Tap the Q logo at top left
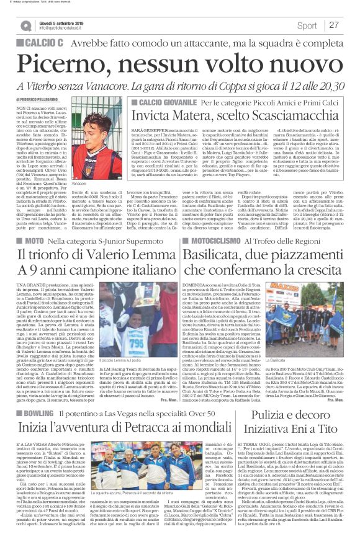(25, 25)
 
